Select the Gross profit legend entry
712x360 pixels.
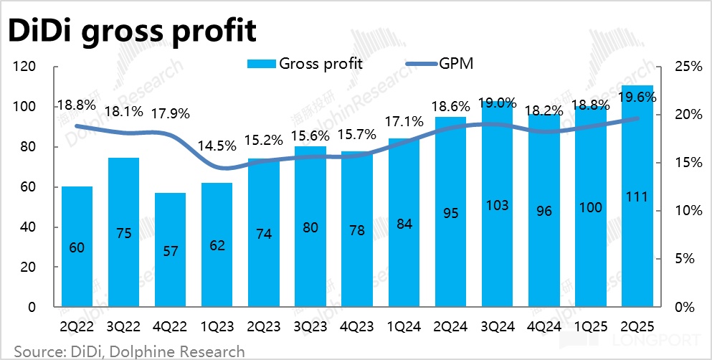(x=305, y=63)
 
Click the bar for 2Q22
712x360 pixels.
(x=77, y=247)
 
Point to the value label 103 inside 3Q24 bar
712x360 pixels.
(x=497, y=206)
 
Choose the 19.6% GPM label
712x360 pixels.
(x=637, y=99)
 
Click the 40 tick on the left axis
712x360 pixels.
(x=28, y=227)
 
